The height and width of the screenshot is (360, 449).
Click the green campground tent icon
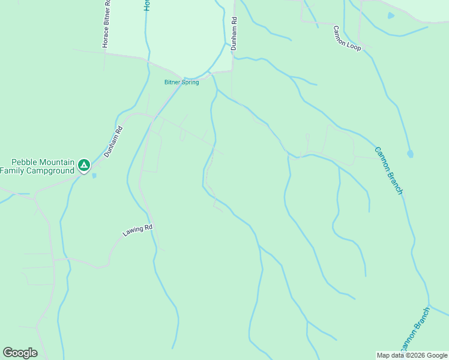[85, 164]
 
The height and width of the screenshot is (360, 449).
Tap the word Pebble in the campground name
[26, 163]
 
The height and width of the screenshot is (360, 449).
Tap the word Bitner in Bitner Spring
[174, 82]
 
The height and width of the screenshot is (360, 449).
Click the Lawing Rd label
[139, 230]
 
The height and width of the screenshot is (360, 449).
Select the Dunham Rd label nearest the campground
[113, 141]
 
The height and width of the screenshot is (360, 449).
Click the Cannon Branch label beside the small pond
[388, 171]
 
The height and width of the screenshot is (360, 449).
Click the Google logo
[20, 352]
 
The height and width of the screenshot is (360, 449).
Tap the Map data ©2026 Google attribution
[412, 355]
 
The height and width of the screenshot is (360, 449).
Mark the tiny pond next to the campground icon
[94, 175]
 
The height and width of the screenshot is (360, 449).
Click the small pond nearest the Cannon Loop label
[391, 16]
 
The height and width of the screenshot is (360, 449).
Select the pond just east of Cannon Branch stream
[411, 154]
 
